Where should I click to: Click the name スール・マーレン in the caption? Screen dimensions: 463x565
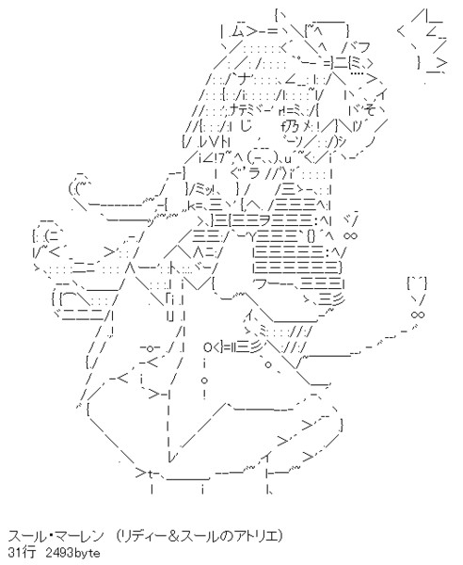[x=56, y=537]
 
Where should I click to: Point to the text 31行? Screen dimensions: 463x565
[x=22, y=552]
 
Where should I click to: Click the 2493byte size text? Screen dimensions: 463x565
[x=73, y=553]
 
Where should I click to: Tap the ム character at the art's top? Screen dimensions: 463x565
[x=238, y=32]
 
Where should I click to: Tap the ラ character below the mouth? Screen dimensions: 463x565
[x=254, y=173]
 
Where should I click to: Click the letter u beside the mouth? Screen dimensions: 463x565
[x=287, y=158]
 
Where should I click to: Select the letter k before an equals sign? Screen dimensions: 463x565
[x=192, y=205]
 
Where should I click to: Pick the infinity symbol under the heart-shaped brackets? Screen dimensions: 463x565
[x=418, y=315]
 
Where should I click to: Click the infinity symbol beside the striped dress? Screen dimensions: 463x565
[x=350, y=236]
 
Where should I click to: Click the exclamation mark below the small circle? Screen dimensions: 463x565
[x=204, y=394]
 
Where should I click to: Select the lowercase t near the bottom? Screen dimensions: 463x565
[x=151, y=474]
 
